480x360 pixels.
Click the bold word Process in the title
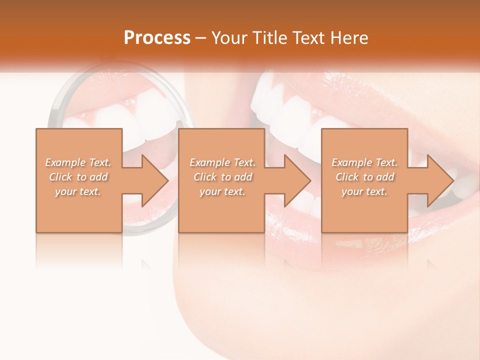pos(157,38)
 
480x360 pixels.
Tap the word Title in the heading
pos(269,38)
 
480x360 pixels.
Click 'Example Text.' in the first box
pos(78,162)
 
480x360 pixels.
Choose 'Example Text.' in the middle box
pos(222,162)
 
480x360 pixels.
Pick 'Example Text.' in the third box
pos(364,162)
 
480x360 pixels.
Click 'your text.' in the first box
pos(78,191)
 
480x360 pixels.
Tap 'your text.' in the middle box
pos(222,191)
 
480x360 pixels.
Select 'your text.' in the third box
pos(364,191)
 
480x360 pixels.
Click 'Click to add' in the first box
pos(78,177)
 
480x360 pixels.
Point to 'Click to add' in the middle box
pos(222,177)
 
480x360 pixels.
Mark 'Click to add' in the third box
pos(364,177)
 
